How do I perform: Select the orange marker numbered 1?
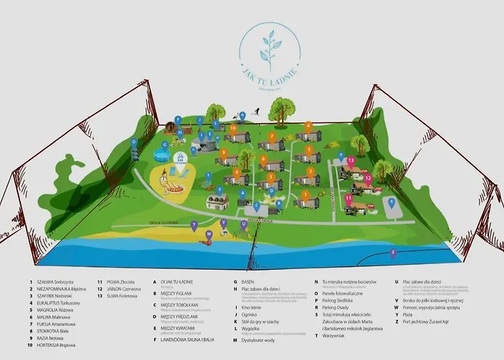(x=305, y=194)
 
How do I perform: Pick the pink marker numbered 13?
(x=351, y=161)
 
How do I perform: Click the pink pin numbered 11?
(x=348, y=197)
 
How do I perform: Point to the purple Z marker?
(x=393, y=253)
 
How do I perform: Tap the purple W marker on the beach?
(x=208, y=233)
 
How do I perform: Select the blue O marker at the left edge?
(x=134, y=143)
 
